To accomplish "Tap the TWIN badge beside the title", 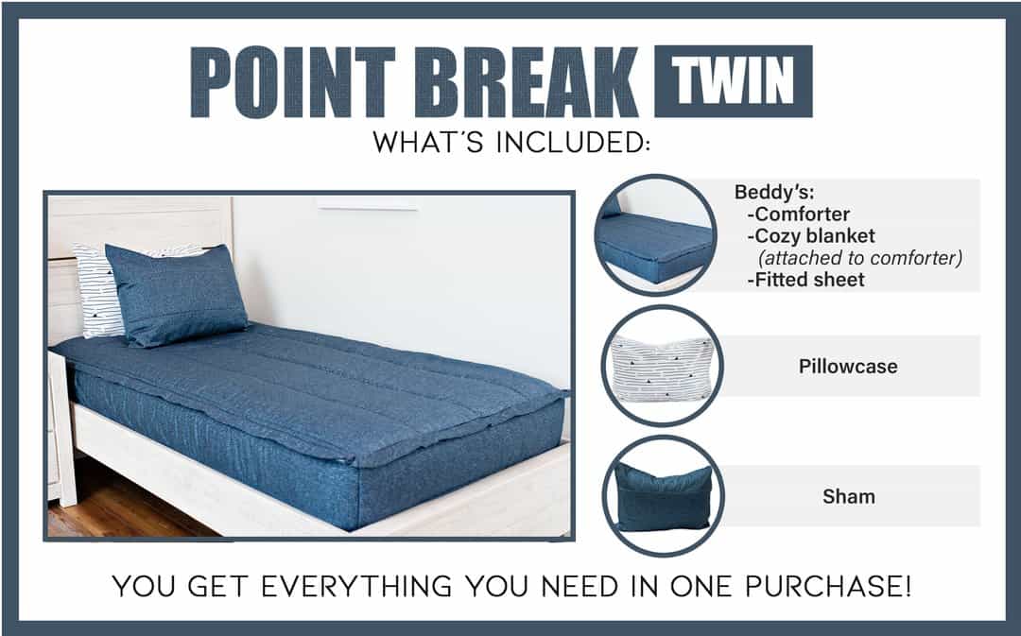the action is click(x=734, y=81).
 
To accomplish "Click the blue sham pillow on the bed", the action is click(x=176, y=294).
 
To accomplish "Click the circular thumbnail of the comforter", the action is click(x=656, y=234).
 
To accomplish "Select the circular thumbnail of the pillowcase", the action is click(x=662, y=366).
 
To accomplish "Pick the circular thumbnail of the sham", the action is click(x=662, y=496).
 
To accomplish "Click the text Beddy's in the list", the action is click(x=774, y=192).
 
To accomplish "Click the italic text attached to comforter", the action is click(x=860, y=258).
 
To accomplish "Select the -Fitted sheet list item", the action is click(x=806, y=280).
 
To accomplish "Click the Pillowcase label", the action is click(x=848, y=367).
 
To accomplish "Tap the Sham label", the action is click(x=848, y=497).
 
